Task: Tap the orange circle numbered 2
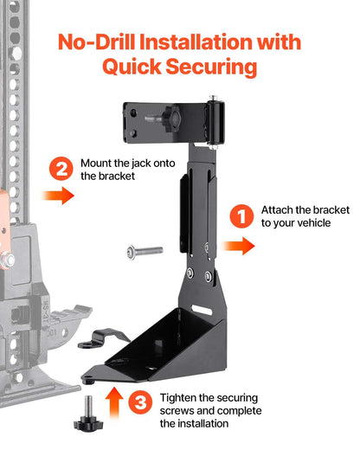[x=61, y=169]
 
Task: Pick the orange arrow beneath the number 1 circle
[x=240, y=247]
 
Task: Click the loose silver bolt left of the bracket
[x=144, y=250]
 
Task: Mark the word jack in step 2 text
[x=144, y=162]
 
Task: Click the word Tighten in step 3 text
[x=180, y=397]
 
